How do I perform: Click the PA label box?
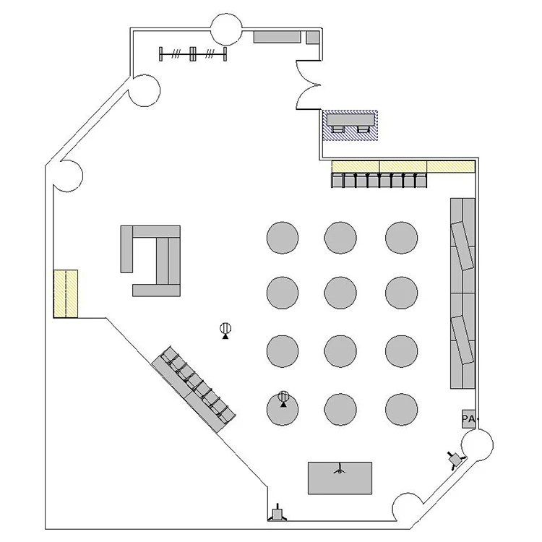click(469, 419)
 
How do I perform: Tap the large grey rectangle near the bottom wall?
click(340, 478)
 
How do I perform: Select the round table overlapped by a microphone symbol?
click(283, 410)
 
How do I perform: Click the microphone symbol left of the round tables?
click(225, 330)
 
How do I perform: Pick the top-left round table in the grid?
click(283, 238)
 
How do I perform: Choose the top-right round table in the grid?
click(401, 238)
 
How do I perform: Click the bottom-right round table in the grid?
click(401, 410)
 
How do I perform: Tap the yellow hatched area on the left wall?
click(65, 294)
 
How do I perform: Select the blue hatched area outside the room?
click(350, 126)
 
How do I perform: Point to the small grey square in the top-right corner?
click(312, 38)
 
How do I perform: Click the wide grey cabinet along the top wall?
click(277, 37)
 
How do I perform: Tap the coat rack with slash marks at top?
click(193, 54)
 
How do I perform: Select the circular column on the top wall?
click(226, 30)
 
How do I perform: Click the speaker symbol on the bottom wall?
click(278, 512)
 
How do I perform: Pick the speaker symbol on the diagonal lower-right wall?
click(455, 460)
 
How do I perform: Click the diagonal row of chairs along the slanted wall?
click(194, 389)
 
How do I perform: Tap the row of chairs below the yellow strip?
click(379, 180)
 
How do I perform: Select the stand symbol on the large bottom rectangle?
click(340, 469)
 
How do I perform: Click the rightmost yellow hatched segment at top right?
click(451, 167)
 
